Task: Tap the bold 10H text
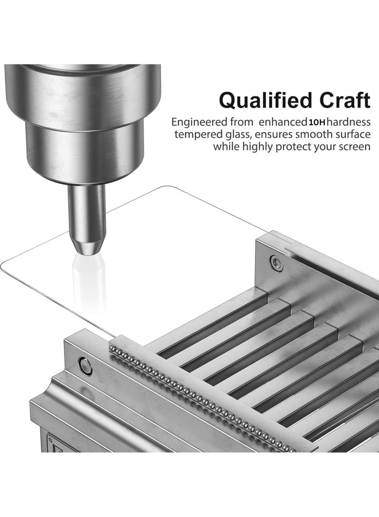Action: (x=317, y=123)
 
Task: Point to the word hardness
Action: (x=349, y=122)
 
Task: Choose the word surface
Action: (x=354, y=134)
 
